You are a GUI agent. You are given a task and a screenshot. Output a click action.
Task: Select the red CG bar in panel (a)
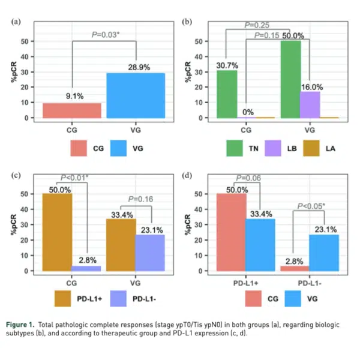click(x=72, y=110)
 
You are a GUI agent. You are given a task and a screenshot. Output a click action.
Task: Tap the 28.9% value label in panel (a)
click(x=136, y=65)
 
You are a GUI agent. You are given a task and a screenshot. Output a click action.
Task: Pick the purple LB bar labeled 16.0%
click(x=310, y=104)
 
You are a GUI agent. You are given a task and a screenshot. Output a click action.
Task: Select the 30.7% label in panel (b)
click(x=226, y=64)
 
